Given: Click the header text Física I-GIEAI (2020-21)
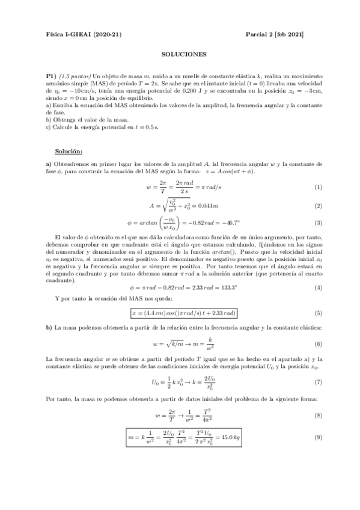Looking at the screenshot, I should point(84,34).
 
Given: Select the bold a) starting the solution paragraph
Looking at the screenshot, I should point(49,164).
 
